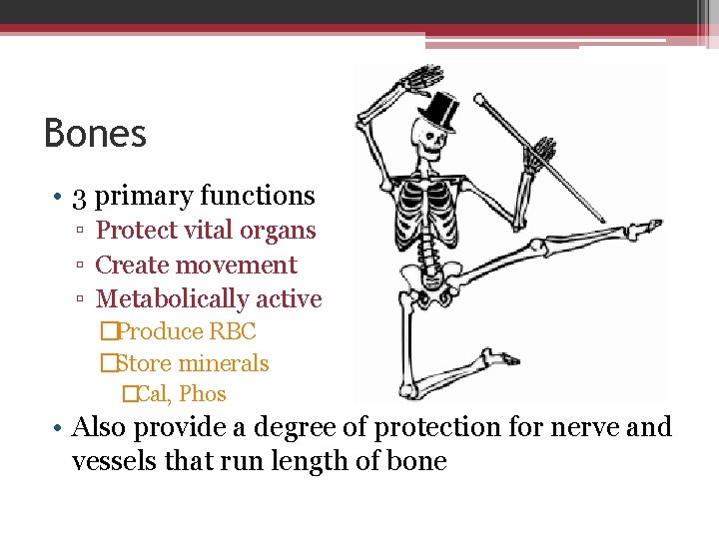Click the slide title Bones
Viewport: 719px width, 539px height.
(96, 134)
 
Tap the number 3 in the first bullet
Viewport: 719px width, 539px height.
(80, 197)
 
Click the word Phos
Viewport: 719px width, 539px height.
(203, 394)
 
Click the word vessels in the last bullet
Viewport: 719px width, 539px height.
(112, 461)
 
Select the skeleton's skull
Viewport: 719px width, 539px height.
(432, 144)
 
